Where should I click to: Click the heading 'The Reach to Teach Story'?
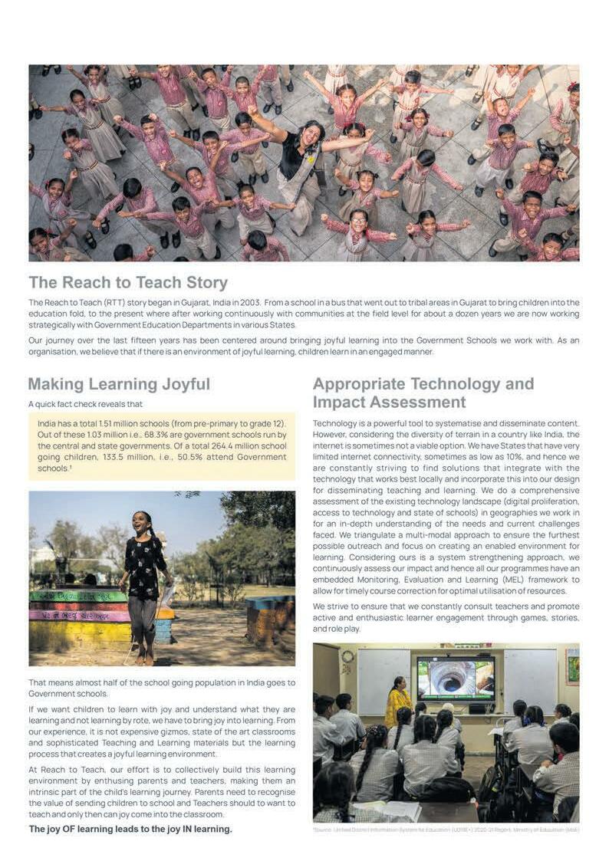[128, 282]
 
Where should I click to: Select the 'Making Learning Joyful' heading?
[119, 384]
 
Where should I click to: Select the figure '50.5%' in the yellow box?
[190, 457]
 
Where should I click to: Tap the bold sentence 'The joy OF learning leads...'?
[130, 829]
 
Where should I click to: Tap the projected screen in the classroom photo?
[456, 678]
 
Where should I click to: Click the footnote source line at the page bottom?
[446, 830]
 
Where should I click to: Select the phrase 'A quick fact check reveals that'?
[85, 404]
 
